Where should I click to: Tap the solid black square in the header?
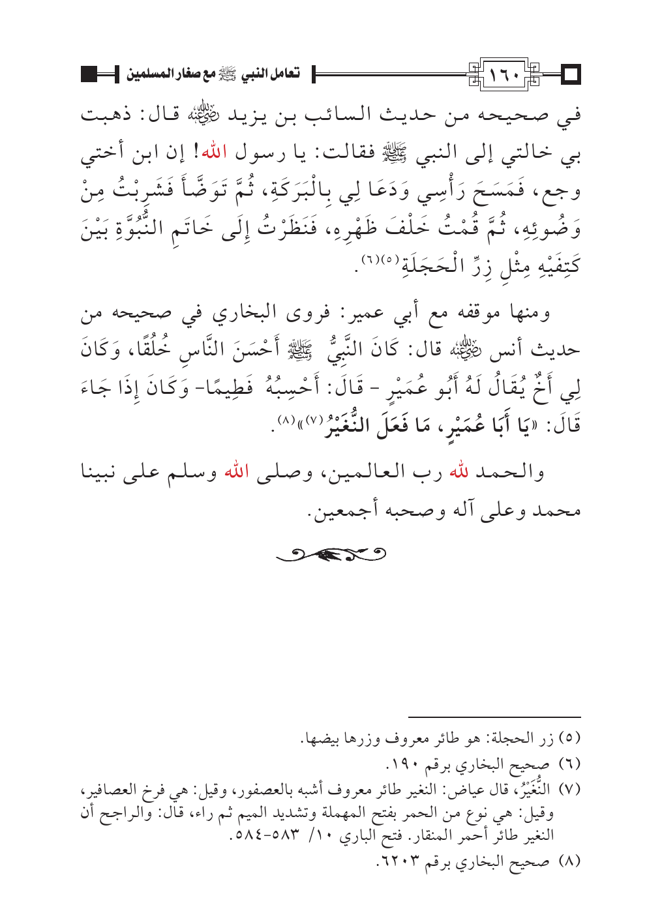click(x=91, y=74)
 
